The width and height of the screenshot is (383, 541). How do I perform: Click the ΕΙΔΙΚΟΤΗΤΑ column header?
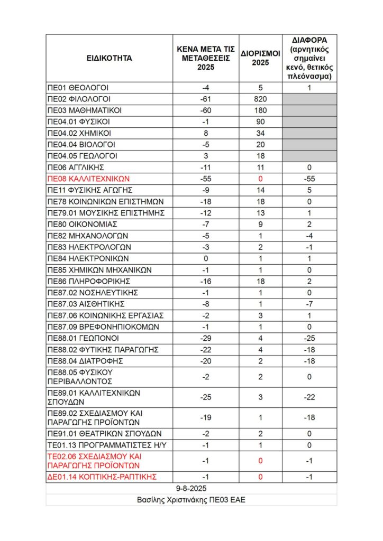pyautogui.click(x=109, y=58)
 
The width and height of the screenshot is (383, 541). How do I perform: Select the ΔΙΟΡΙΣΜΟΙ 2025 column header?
pyautogui.click(x=260, y=58)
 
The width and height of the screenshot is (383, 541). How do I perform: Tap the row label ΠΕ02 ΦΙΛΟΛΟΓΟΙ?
pyautogui.click(x=79, y=99)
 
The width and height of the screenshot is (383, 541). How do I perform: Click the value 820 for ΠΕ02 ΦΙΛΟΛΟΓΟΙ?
pyautogui.click(x=260, y=99)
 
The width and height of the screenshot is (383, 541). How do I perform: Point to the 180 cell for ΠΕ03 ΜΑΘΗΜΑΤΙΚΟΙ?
pyautogui.click(x=260, y=110)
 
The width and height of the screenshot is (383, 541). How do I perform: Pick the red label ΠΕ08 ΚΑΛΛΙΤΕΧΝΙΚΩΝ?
pyautogui.click(x=88, y=179)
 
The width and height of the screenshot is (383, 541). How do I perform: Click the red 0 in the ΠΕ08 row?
pyautogui.click(x=260, y=179)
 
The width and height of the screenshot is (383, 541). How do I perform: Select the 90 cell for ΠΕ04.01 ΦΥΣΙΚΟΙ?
pyautogui.click(x=260, y=122)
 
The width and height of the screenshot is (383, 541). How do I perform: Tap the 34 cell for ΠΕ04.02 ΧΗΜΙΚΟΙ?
pyautogui.click(x=260, y=133)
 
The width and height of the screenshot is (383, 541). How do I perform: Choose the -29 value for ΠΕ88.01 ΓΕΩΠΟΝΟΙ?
pyautogui.click(x=206, y=338)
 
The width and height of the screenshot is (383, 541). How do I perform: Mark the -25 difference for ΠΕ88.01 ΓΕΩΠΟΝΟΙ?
pyautogui.click(x=310, y=338)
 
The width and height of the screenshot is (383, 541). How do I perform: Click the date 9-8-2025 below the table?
pyautogui.click(x=191, y=488)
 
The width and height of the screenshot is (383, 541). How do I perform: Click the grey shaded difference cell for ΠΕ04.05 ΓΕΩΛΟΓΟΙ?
pyautogui.click(x=310, y=156)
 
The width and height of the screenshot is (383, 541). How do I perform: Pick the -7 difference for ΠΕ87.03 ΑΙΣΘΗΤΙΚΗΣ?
pyautogui.click(x=310, y=304)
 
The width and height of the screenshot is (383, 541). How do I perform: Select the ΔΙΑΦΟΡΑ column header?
pyautogui.click(x=310, y=58)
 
